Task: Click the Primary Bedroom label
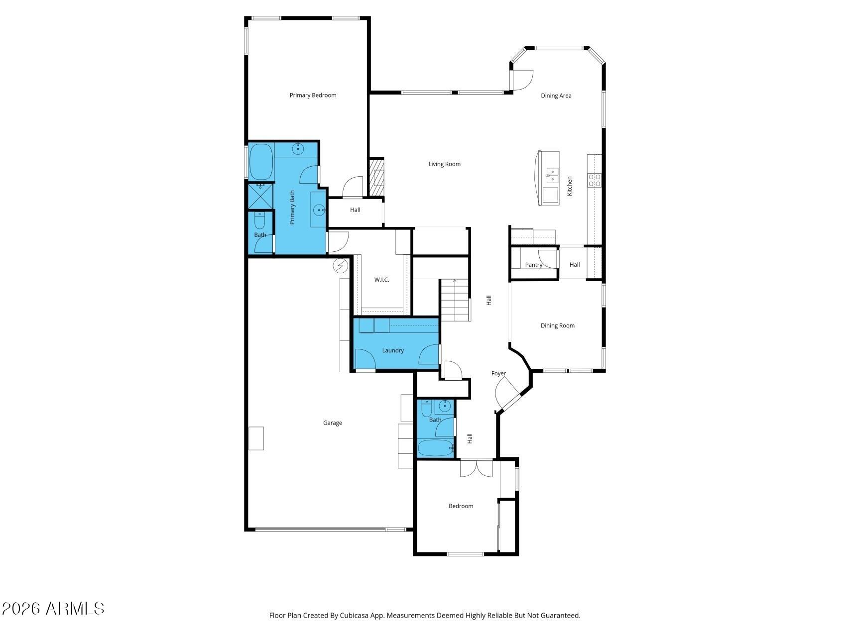pyautogui.click(x=313, y=95)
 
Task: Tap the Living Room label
pyautogui.click(x=444, y=164)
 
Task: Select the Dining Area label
pyautogui.click(x=556, y=96)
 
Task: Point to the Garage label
pyautogui.click(x=332, y=423)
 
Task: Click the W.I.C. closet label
pyautogui.click(x=381, y=280)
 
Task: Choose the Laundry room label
pyautogui.click(x=393, y=350)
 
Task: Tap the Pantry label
pyautogui.click(x=533, y=265)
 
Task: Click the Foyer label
pyautogui.click(x=498, y=373)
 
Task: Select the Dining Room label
pyautogui.click(x=557, y=325)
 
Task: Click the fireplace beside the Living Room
pyautogui.click(x=376, y=177)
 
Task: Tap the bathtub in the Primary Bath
pyautogui.click(x=260, y=161)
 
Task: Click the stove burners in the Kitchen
pyautogui.click(x=595, y=180)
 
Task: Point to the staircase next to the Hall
pyautogui.click(x=455, y=300)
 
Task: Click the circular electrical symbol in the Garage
pyautogui.click(x=341, y=267)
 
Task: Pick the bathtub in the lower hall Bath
pyautogui.click(x=435, y=448)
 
